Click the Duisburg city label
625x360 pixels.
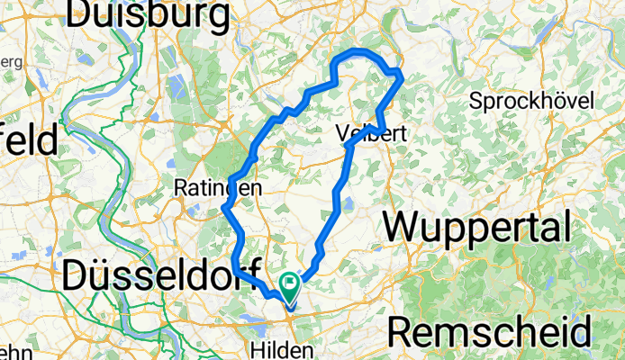(x=148, y=15)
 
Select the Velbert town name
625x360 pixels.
(x=372, y=134)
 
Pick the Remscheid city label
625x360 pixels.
(x=490, y=332)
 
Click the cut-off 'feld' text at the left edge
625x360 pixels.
(x=27, y=141)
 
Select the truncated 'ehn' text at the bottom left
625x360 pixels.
(x=12, y=351)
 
